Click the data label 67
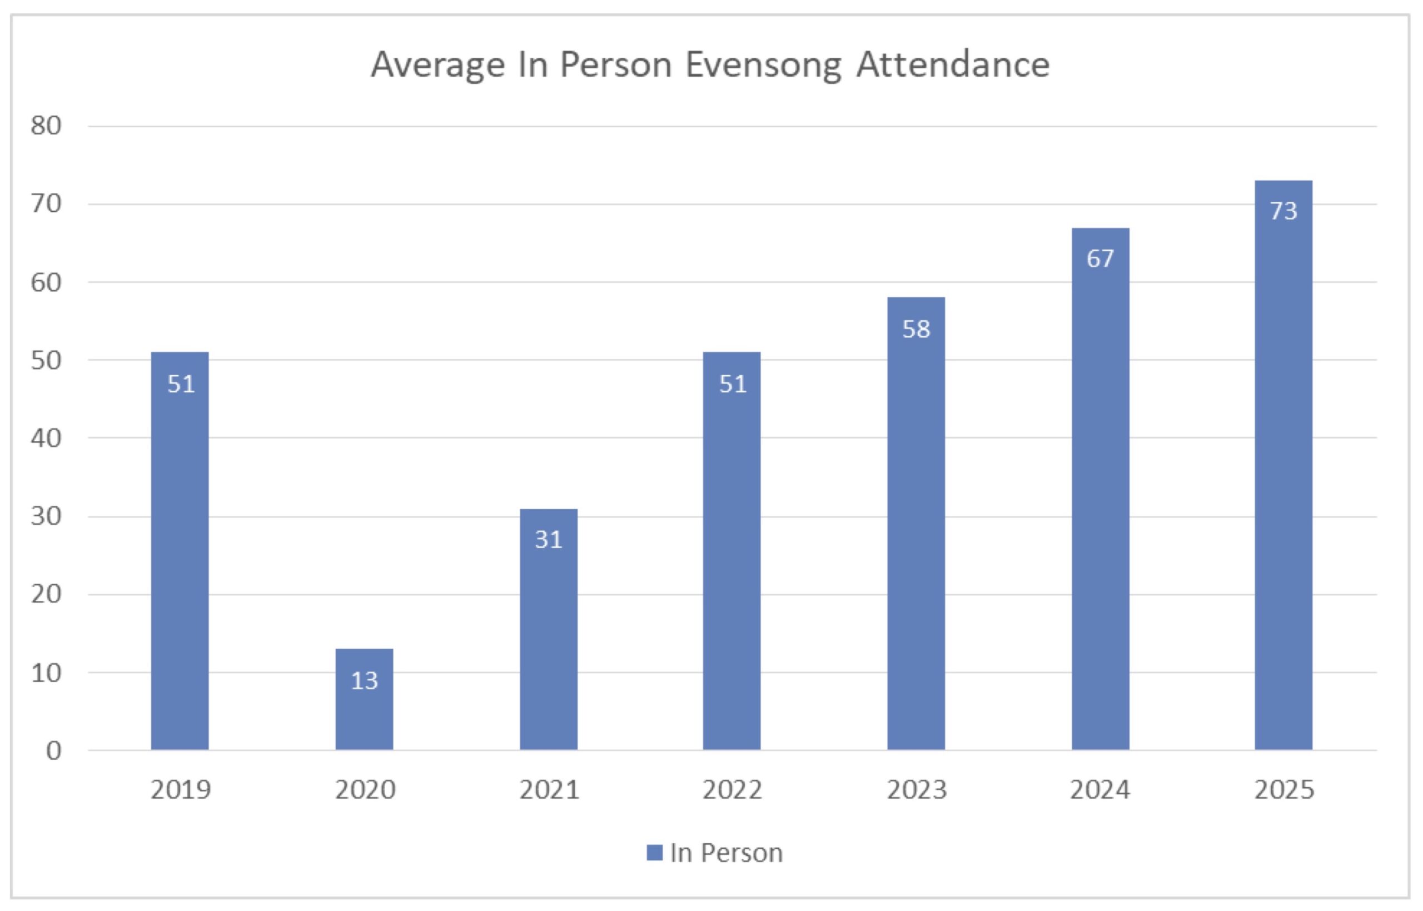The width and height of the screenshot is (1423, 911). (x=1100, y=258)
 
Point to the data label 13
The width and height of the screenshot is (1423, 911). (x=364, y=681)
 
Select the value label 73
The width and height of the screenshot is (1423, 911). (x=1283, y=211)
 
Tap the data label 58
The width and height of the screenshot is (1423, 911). (x=916, y=330)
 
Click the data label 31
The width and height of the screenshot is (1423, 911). (x=548, y=540)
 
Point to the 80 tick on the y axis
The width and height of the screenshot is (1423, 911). (x=46, y=126)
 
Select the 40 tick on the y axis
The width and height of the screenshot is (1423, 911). (x=46, y=439)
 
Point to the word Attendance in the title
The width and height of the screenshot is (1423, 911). (x=953, y=64)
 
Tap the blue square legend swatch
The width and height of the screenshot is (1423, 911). (x=654, y=853)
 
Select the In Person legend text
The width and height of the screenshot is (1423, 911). (x=727, y=853)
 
